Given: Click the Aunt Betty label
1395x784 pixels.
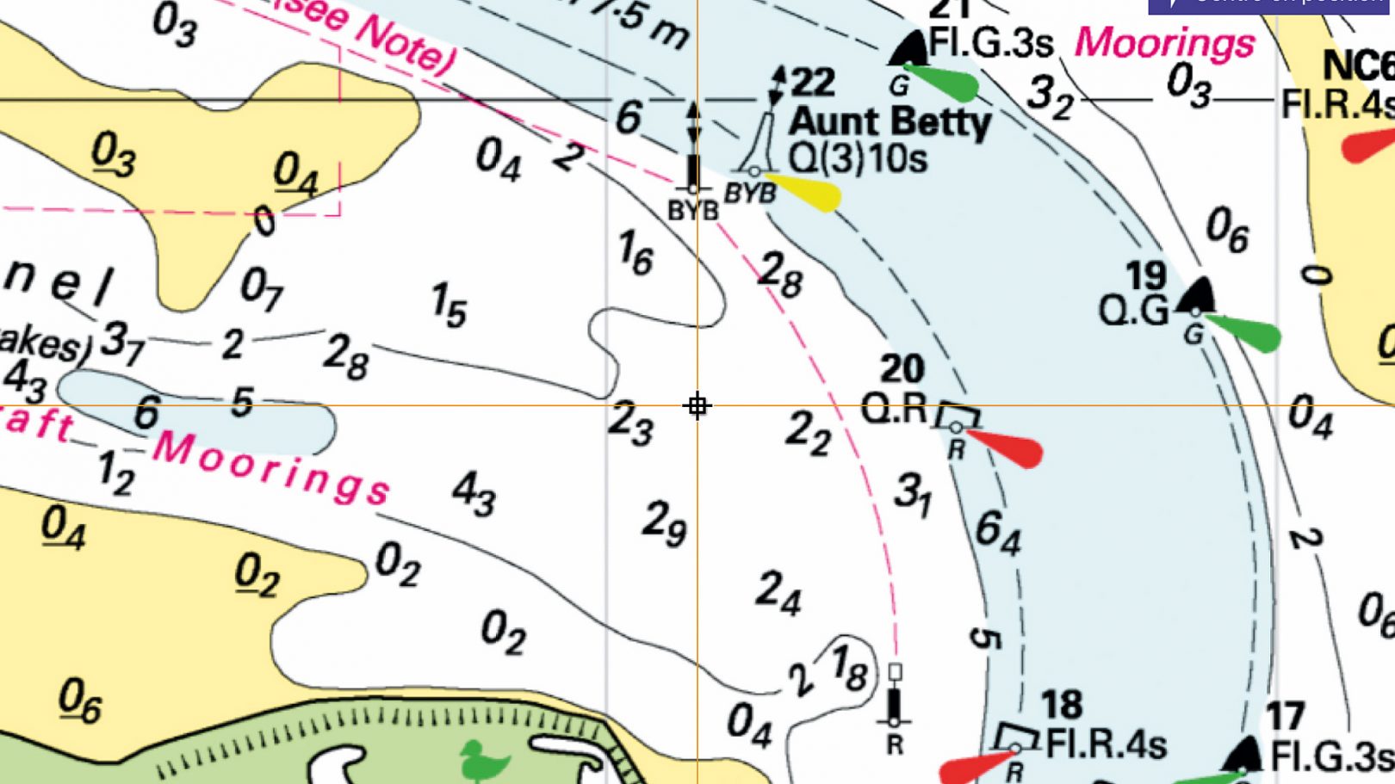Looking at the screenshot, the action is coord(890,121).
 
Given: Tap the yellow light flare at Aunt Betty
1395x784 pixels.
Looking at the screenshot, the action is coord(804,192).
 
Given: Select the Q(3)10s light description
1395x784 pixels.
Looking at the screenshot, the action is coord(858,158).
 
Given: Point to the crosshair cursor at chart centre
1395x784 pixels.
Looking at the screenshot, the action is coord(697,405).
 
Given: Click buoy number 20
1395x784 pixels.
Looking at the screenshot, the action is coord(902,369).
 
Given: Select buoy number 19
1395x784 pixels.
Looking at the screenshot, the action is coord(1145,276).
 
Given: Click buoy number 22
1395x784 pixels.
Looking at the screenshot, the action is coord(812,83).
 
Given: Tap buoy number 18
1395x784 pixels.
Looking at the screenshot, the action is coord(1061,705).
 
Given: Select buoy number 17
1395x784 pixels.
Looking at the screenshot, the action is coord(1285,716).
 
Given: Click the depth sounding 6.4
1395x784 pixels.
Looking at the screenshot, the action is coord(998,532).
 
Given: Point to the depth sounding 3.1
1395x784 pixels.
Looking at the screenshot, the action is coord(913,494).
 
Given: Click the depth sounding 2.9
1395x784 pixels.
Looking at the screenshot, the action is coord(664,522).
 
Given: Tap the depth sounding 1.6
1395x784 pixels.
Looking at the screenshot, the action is coord(635,253).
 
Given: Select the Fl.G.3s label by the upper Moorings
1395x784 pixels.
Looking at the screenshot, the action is coord(990,44).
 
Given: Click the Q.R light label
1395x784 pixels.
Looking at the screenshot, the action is coord(894,409).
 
